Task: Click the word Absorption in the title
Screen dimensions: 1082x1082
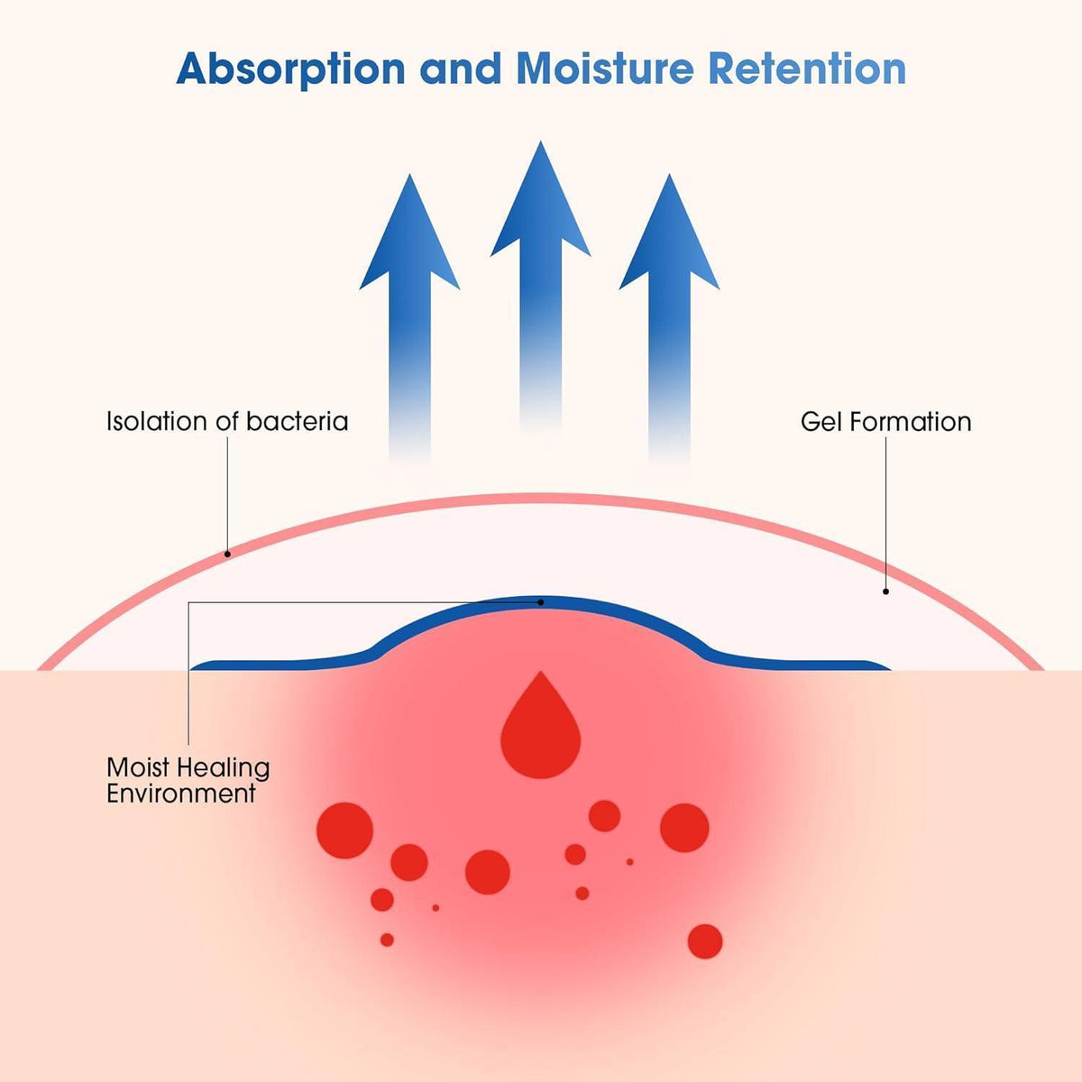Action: click(x=291, y=69)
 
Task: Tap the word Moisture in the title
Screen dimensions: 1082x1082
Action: click(x=605, y=69)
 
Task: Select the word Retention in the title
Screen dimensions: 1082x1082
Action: click(x=807, y=69)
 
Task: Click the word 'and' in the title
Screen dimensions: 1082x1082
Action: click(x=461, y=69)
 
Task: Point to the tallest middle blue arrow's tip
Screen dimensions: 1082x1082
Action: click(x=540, y=142)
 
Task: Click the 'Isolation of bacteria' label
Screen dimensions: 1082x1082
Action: click(x=227, y=421)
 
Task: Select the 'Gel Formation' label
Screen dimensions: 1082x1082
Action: click(x=885, y=422)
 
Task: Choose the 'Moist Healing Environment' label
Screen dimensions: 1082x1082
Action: click(x=188, y=780)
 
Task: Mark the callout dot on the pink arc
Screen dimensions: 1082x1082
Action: click(x=227, y=555)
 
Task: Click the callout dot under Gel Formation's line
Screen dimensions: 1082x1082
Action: click(x=885, y=591)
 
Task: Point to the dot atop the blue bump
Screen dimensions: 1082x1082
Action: click(x=541, y=602)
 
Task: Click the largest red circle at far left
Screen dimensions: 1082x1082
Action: click(x=344, y=830)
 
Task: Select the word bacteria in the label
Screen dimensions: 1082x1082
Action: click(x=297, y=421)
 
